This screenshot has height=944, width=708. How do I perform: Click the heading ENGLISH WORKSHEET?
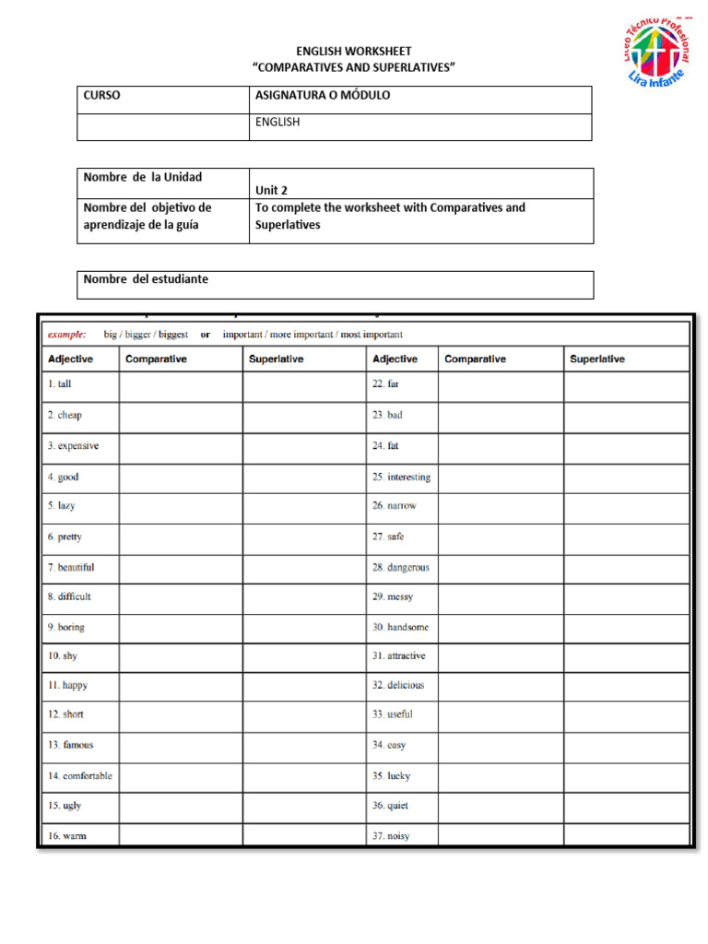(x=354, y=52)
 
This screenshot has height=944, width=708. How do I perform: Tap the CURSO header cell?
(x=102, y=96)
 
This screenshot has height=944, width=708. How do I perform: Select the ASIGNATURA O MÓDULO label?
(x=322, y=96)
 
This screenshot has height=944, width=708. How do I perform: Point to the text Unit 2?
(x=271, y=191)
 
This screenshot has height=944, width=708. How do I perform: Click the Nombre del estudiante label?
(x=146, y=279)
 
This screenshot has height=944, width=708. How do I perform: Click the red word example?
(x=67, y=335)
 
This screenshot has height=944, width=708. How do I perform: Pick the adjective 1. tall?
(x=59, y=384)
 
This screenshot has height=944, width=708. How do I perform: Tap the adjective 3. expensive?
(x=73, y=446)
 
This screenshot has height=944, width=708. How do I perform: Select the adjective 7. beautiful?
(x=70, y=568)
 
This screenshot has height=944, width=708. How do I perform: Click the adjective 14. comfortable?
(x=79, y=776)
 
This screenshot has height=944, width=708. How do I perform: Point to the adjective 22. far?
(x=385, y=384)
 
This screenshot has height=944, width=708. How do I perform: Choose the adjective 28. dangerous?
(x=400, y=568)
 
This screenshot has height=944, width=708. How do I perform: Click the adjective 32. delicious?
(x=398, y=686)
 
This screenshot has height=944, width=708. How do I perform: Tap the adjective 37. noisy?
(x=391, y=836)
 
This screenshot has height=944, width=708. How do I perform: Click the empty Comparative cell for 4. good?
(x=181, y=478)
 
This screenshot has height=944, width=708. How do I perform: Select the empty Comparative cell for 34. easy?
(x=501, y=745)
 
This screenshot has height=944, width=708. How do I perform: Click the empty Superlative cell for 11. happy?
(x=304, y=686)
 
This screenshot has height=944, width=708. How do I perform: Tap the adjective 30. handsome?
(x=400, y=627)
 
